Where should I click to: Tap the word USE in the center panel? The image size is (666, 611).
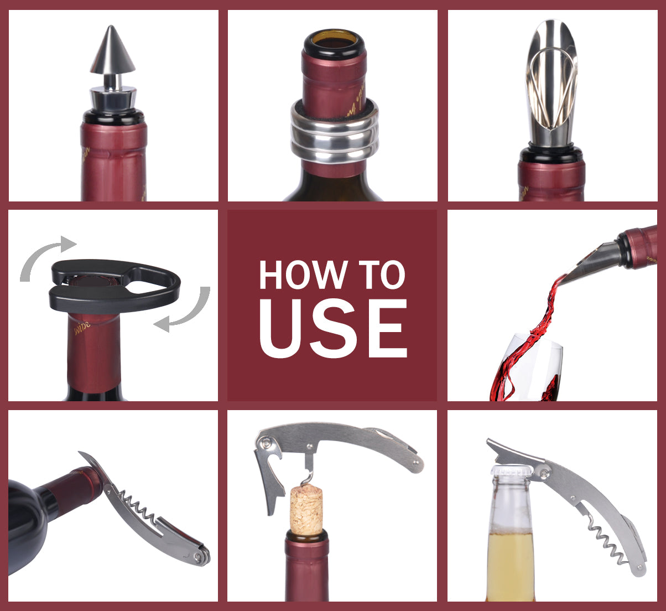click(x=332, y=330)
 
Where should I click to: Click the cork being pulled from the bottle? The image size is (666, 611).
click(x=306, y=509)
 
